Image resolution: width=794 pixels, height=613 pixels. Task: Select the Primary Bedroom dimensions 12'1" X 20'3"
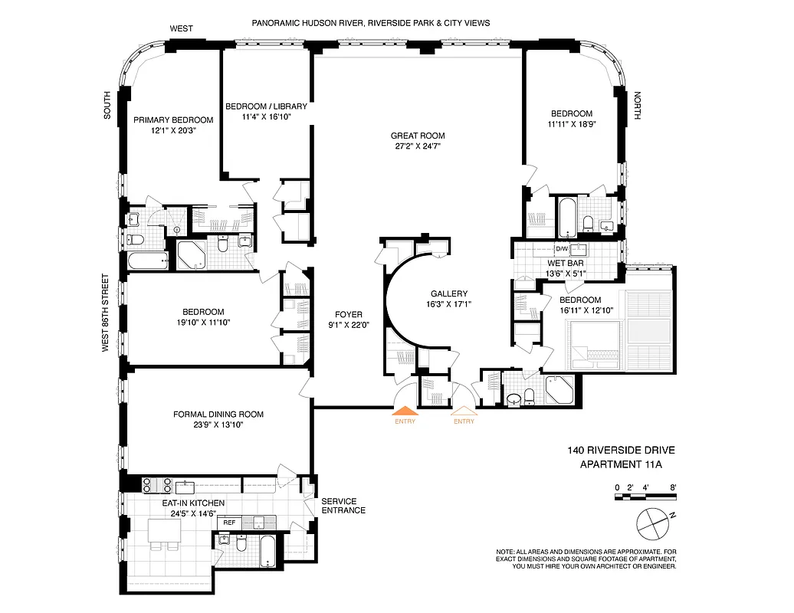coord(173,131)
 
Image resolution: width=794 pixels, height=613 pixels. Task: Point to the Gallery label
coord(448,293)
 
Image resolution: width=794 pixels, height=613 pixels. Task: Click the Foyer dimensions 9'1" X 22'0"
coord(349,325)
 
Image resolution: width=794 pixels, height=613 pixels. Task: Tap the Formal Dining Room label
coord(218,415)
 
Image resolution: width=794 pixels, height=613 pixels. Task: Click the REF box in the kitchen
coord(228,522)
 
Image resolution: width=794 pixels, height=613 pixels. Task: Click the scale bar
coord(645,497)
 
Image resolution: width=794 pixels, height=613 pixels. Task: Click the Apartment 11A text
coord(621,464)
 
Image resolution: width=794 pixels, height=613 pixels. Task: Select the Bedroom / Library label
coord(266,107)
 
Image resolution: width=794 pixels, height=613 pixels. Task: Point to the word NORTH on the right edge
coord(638,107)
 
